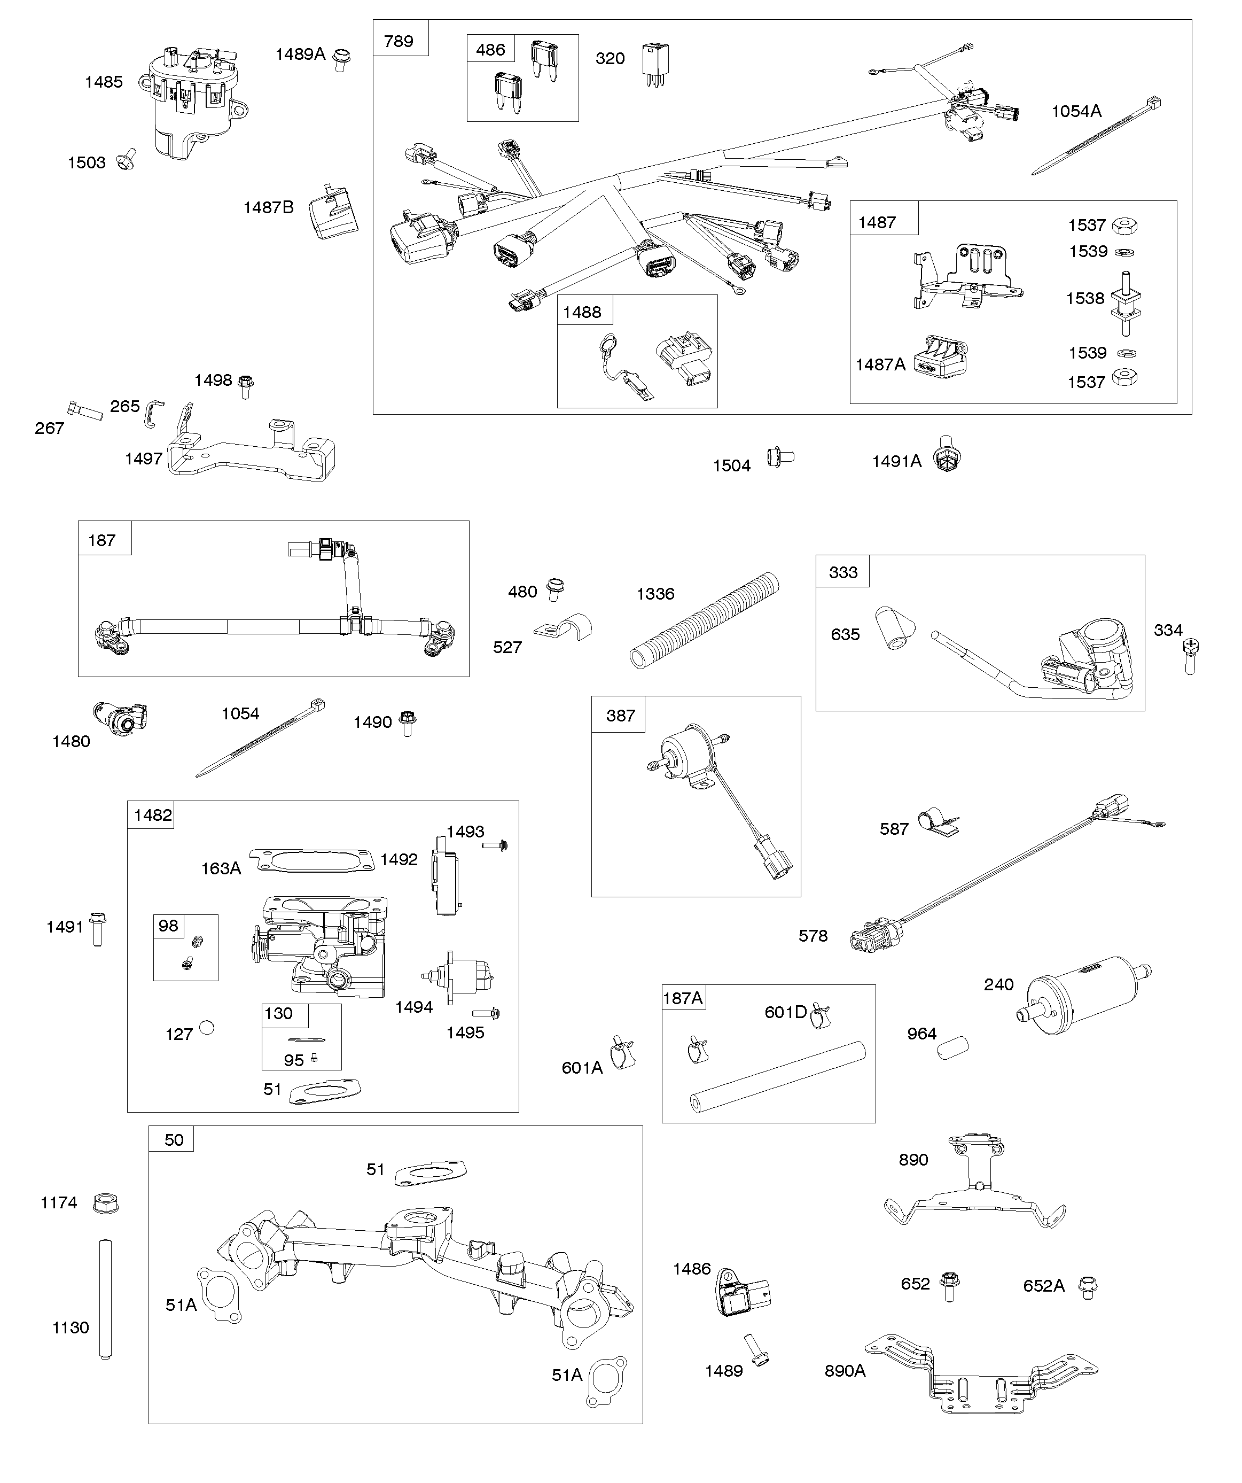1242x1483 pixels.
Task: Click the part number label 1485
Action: point(104,82)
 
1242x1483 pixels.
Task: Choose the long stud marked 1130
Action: point(105,1299)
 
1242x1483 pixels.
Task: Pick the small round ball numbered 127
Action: point(207,1028)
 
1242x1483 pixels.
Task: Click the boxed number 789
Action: point(399,42)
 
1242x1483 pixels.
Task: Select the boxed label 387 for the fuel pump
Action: point(621,716)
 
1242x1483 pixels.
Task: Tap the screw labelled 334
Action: point(1191,655)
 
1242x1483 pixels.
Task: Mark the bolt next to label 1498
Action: point(246,386)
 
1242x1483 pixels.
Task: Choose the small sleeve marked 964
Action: point(952,1048)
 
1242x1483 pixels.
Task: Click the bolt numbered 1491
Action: point(97,927)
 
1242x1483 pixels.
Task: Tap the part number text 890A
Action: point(845,1371)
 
